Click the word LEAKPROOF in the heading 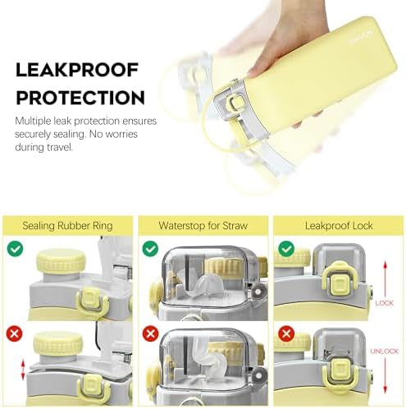coord(77,70)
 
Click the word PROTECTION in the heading coord(80,98)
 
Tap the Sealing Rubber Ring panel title coord(67,226)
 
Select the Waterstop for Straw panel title coord(203,226)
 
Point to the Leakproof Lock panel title coord(339,226)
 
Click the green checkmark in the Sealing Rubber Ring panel coord(16,249)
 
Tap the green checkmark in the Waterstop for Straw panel coord(151,249)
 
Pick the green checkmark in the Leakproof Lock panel coord(286,249)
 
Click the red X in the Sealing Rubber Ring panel coord(15,333)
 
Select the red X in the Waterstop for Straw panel coord(150,333)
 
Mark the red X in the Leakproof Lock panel coord(286,333)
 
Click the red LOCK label coord(384,303)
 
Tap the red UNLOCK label coord(384,351)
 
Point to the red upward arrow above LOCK coord(385,278)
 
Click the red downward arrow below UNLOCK coord(385,375)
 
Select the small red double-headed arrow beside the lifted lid coord(23,370)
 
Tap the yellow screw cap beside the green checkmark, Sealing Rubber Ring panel coord(61,261)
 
